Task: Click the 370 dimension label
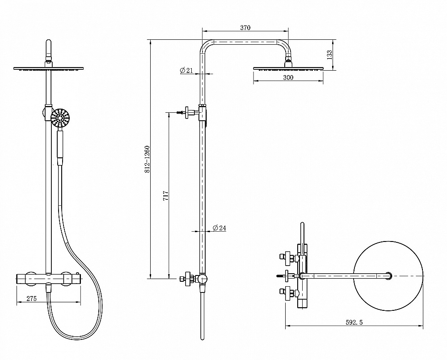245,28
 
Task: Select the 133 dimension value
329,55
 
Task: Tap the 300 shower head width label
288,77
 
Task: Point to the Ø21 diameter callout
186,70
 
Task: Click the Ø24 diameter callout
219,228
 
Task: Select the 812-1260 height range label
147,159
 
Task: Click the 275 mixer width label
31,298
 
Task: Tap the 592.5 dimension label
354,322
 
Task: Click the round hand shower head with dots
60,117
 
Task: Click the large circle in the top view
388,276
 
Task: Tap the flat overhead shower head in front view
49,68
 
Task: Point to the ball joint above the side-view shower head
288,59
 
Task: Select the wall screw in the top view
281,276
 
